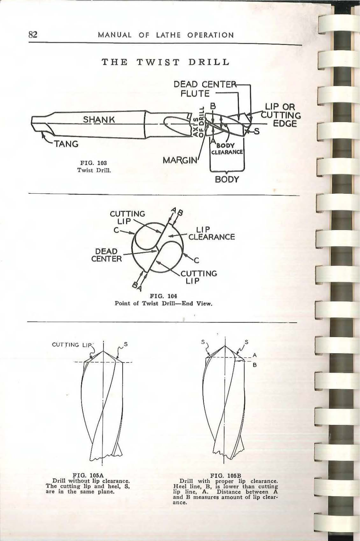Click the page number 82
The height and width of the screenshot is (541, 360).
point(32,34)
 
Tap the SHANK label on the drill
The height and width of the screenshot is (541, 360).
point(99,120)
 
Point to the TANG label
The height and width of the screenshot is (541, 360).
point(66,144)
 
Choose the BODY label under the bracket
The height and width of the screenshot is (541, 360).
point(227,179)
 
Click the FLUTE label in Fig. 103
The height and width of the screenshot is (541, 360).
point(195,93)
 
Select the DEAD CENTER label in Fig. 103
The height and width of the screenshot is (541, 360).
point(203,84)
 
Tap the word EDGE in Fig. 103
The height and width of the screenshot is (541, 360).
point(285,124)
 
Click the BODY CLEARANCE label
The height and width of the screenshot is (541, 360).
point(227,149)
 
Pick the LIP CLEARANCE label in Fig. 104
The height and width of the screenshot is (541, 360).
point(211,233)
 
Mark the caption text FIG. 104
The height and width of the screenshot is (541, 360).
point(163,296)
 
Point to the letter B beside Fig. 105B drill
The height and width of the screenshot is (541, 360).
point(255,365)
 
